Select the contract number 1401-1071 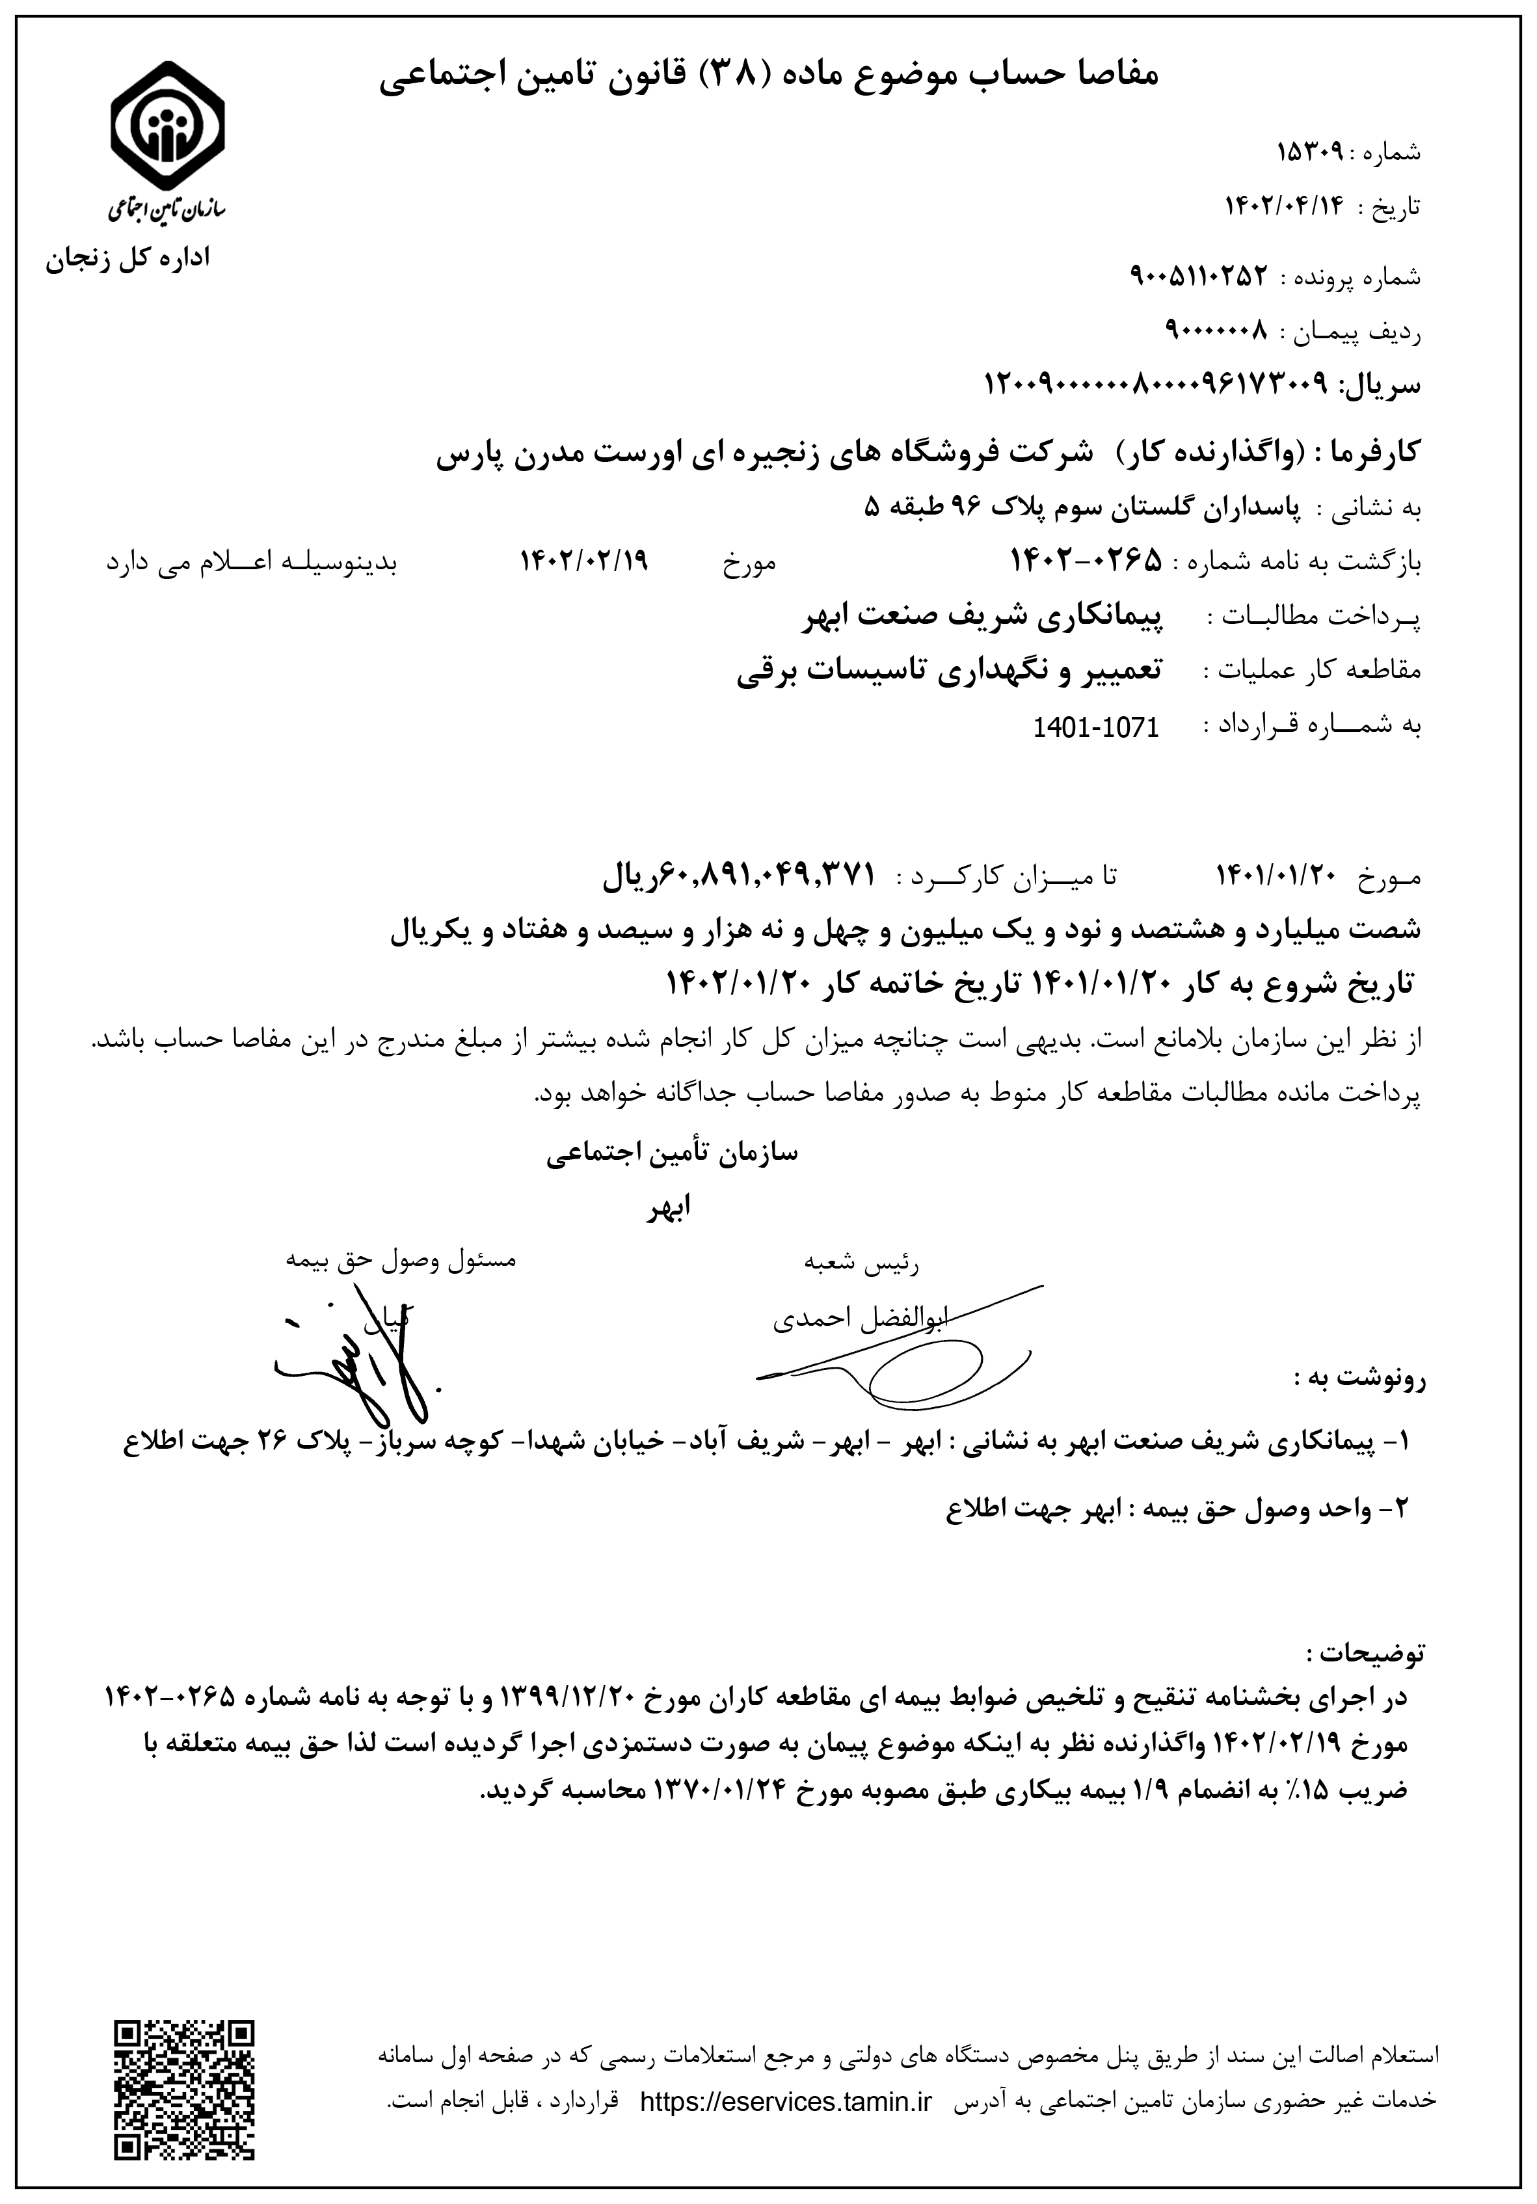click(1095, 727)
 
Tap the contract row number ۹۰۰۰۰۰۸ click(1216, 330)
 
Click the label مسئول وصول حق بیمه click(400, 1259)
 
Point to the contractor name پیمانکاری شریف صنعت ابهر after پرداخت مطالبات click(983, 617)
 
